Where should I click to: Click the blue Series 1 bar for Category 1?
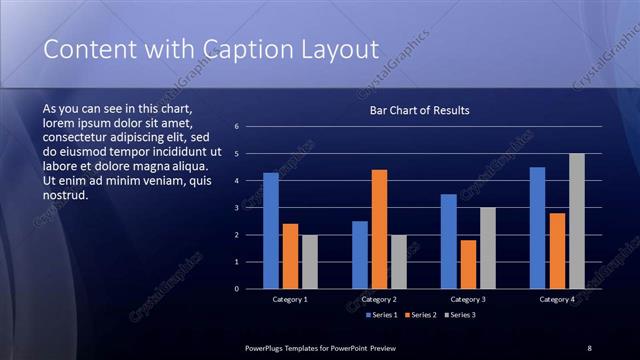(x=271, y=231)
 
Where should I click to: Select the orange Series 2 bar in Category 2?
(x=380, y=229)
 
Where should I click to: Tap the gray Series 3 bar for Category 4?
(x=577, y=221)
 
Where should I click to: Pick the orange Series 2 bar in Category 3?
(x=469, y=264)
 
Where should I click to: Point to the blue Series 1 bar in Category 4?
(x=537, y=228)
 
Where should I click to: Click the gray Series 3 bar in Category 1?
(x=310, y=262)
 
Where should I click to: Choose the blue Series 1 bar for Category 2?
(x=360, y=255)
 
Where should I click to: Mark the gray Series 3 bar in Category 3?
(x=488, y=248)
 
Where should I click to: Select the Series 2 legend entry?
(x=421, y=315)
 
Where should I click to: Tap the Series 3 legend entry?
(x=460, y=315)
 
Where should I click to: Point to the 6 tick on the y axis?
(x=236, y=127)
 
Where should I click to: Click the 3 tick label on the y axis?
(x=236, y=208)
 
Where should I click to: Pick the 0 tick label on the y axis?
(x=236, y=289)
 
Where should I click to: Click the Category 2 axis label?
(x=380, y=299)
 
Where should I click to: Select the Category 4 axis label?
(x=557, y=299)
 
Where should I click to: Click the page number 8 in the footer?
(x=589, y=347)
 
